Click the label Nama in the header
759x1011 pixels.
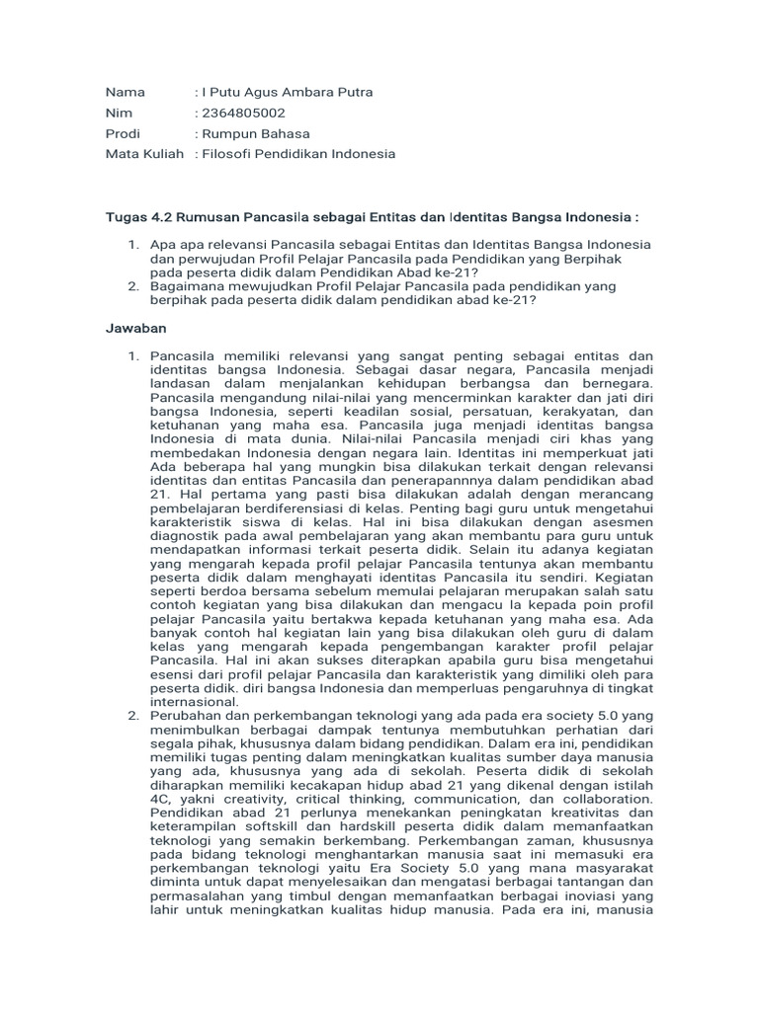click(125, 92)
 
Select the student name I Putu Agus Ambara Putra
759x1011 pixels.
click(287, 92)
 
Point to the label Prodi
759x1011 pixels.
click(124, 133)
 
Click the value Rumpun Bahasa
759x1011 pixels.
click(255, 133)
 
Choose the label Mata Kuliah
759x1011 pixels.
click(144, 154)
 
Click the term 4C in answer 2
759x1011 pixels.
click(160, 798)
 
